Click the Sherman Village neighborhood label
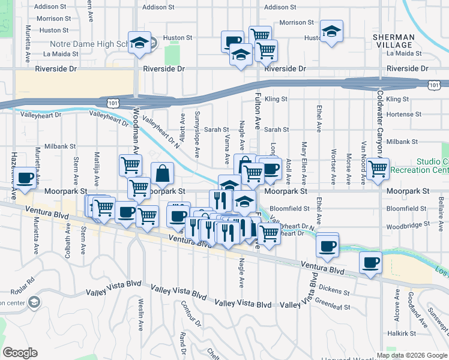393,41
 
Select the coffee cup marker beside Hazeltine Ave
25,178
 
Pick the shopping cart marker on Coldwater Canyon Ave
378,169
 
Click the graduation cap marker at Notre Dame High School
139,43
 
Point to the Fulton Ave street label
258,111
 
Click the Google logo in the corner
20,353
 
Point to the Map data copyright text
411,355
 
